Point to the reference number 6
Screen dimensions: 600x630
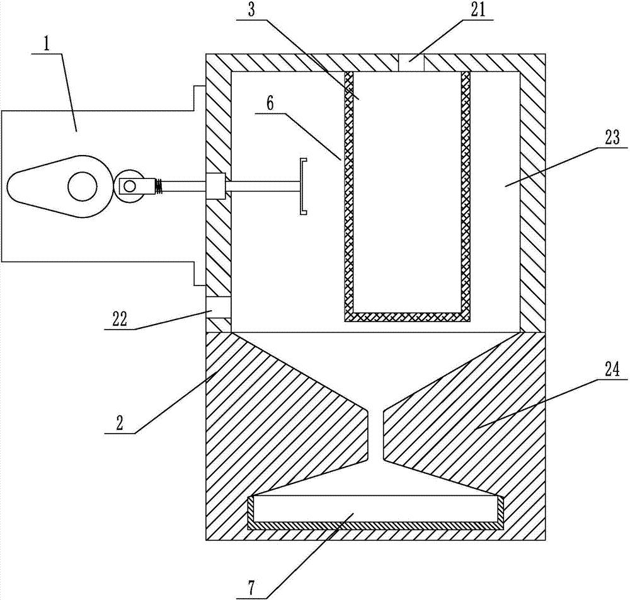pyautogui.click(x=270, y=103)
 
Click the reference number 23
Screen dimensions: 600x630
pyautogui.click(x=611, y=137)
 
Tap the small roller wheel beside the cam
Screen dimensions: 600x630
pyautogui.click(x=130, y=187)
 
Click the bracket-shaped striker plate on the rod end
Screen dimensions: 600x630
pyautogui.click(x=303, y=187)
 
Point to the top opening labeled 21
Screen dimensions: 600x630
pyautogui.click(x=413, y=62)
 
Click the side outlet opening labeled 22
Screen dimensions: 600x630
pyautogui.click(x=219, y=307)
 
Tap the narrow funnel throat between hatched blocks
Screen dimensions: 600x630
pyautogui.click(x=375, y=435)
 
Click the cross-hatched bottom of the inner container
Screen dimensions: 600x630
pyautogui.click(x=408, y=316)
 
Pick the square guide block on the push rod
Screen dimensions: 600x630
pyautogui.click(x=216, y=187)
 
